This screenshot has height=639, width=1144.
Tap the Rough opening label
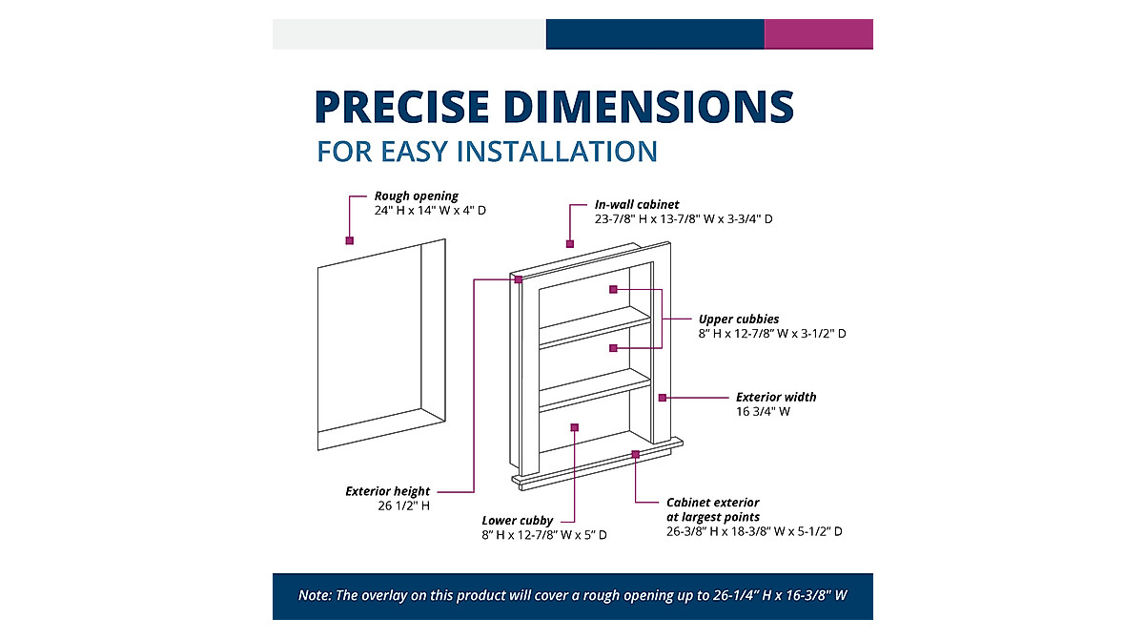[x=416, y=196]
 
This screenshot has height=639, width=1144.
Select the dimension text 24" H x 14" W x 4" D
[x=430, y=210]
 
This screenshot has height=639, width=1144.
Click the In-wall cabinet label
[x=637, y=204]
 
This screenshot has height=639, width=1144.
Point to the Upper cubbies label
[x=739, y=319]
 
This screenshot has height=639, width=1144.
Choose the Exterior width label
[x=776, y=397]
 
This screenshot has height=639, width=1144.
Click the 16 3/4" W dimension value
[x=763, y=412]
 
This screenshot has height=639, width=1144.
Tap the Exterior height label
[x=387, y=491]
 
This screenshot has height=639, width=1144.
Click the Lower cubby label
[x=517, y=521]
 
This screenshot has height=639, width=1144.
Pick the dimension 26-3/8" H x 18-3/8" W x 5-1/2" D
[x=754, y=531]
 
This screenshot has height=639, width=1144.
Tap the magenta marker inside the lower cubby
[x=574, y=427]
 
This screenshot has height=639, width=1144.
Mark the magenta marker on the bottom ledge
[x=636, y=455]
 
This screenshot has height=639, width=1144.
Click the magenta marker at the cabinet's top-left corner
[x=518, y=279]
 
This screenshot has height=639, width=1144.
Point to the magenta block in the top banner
[x=818, y=33]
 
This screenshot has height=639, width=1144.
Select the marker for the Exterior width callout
[x=662, y=397]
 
